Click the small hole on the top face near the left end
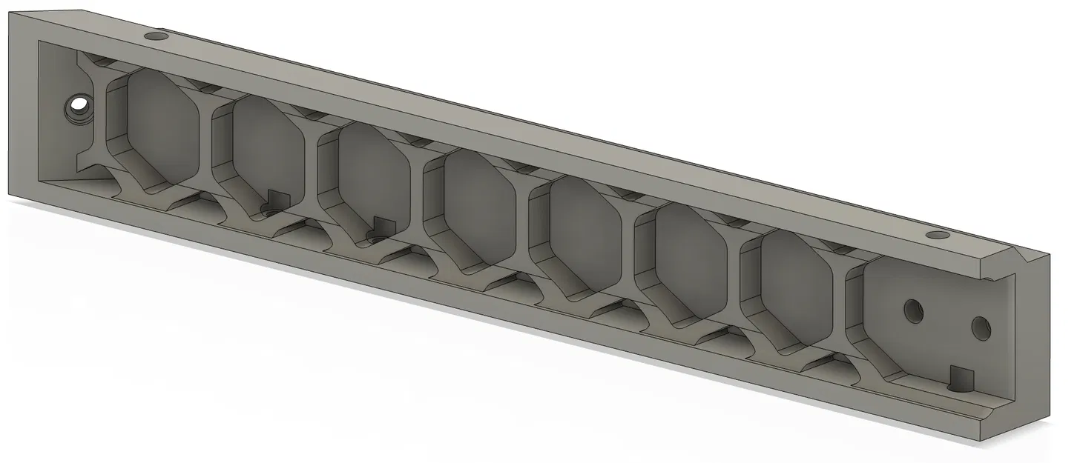[156, 36]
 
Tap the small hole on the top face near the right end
[939, 236]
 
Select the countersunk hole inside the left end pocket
[76, 108]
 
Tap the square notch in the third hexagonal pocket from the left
[382, 224]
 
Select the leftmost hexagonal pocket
[162, 126]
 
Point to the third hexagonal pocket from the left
[375, 178]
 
